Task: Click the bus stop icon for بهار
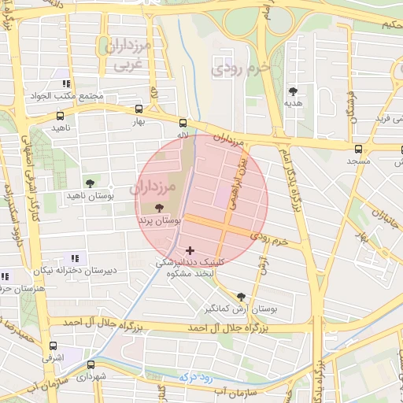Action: (x=139, y=109)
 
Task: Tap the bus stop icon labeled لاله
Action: (x=183, y=123)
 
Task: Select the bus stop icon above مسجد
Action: (x=359, y=148)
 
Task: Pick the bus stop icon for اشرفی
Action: (x=53, y=346)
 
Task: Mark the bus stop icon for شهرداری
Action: (x=91, y=364)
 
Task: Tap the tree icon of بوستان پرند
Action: (x=161, y=209)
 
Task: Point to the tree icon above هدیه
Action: (x=294, y=91)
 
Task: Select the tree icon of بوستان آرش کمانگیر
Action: (x=241, y=297)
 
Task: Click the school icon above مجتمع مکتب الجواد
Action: (x=67, y=83)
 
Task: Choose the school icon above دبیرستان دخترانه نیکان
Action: (x=75, y=257)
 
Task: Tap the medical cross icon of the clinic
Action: (x=190, y=250)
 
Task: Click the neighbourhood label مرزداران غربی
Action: (x=124, y=54)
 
